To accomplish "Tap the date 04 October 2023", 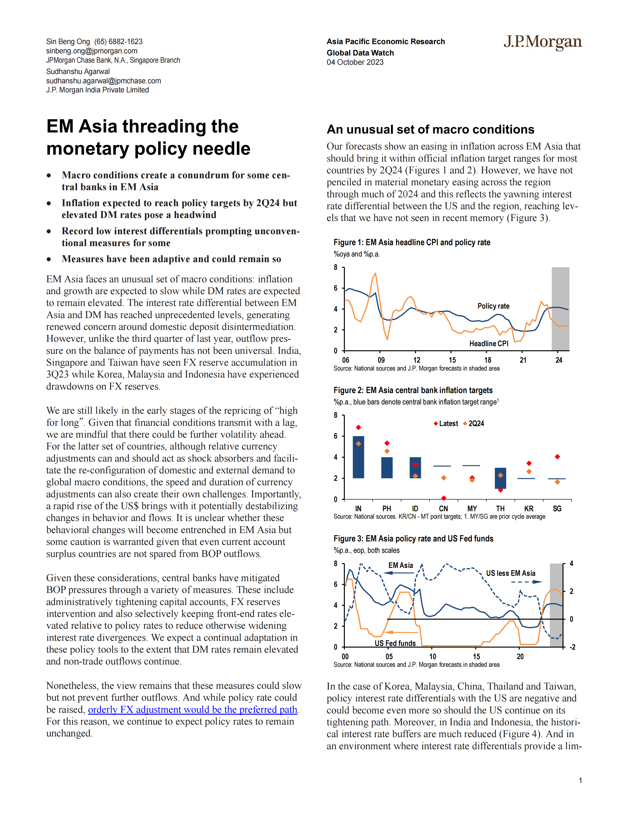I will (355, 62).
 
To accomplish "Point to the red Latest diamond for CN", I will (443, 498).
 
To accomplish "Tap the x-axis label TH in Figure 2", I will (500, 508).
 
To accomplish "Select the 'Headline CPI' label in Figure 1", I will (489, 344).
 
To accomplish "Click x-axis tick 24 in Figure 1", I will (559, 360).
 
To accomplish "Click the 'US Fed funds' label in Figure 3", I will (395, 643).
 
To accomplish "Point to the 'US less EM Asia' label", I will (511, 573).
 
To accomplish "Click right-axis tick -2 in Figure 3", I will (572, 647).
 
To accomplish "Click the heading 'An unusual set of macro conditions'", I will (430, 129).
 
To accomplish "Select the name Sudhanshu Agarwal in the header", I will (78, 72).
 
